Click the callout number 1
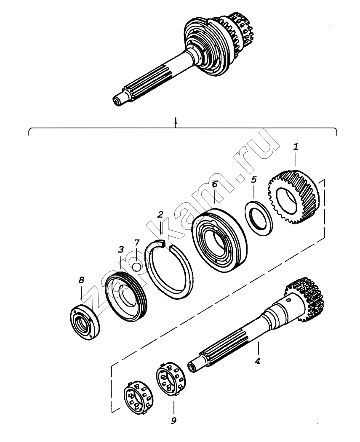click(x=296, y=147)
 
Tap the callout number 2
click(x=160, y=215)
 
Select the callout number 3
click(x=120, y=249)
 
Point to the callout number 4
click(x=258, y=361)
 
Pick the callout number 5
click(x=253, y=180)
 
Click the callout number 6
click(x=214, y=184)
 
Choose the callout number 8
click(x=81, y=280)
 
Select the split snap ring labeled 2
click(x=168, y=272)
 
